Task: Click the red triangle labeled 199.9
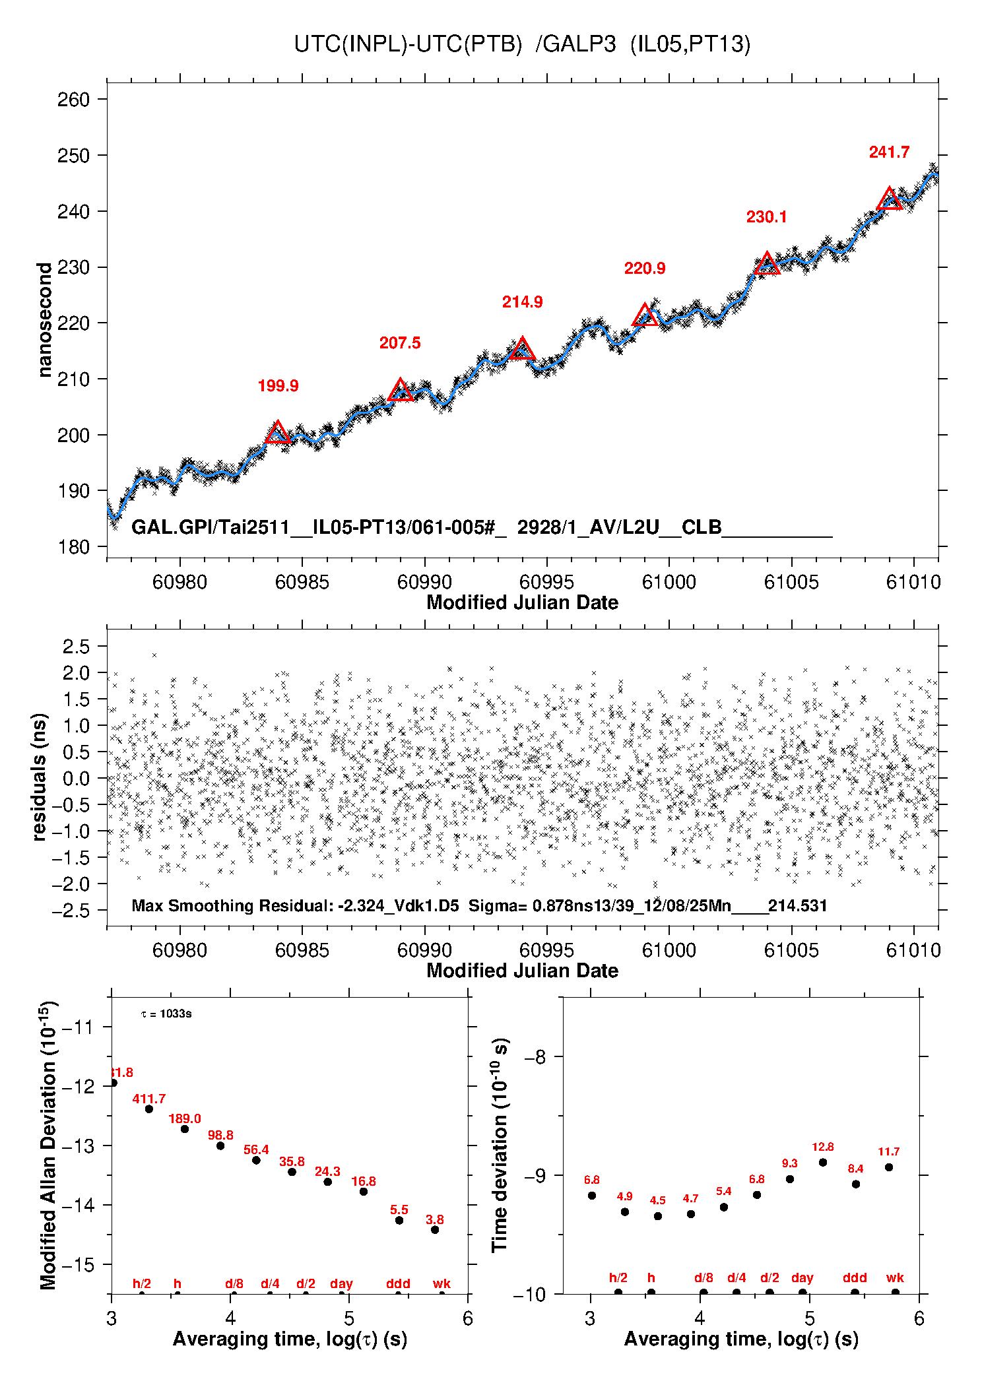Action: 278,432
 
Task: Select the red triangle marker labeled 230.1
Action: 767,264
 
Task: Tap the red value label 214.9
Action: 522,302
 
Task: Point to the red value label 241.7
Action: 889,152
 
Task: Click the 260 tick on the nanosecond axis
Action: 74,100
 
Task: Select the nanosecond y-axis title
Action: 44,320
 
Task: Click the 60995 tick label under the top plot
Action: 546,582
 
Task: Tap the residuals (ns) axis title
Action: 40,777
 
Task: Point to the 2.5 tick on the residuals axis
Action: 76,647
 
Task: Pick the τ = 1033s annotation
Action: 166,1014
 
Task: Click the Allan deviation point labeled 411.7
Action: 149,1109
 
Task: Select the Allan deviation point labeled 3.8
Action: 435,1229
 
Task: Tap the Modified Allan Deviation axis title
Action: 48,1146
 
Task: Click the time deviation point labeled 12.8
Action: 823,1162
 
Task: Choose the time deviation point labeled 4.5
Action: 658,1215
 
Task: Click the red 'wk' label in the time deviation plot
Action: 895,1278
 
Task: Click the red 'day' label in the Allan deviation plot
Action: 341,1283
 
